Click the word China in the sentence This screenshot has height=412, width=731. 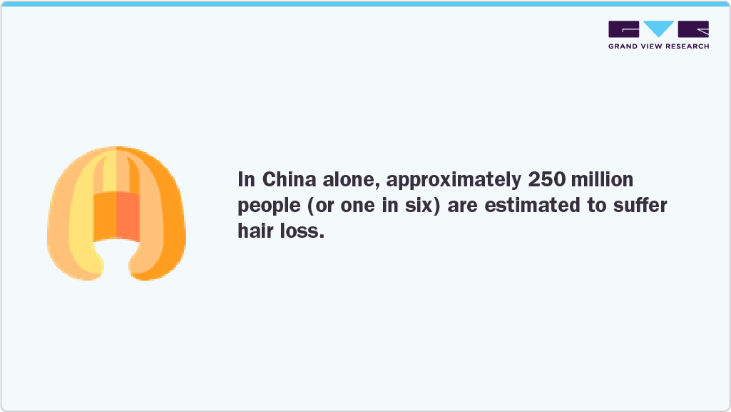click(x=288, y=179)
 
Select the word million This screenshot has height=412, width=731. click(x=598, y=179)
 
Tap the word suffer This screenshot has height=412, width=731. click(x=640, y=206)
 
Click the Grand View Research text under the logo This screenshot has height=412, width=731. click(x=658, y=46)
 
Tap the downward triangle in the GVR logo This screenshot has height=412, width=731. click(x=659, y=29)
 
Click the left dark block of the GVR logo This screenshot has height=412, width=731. click(x=624, y=29)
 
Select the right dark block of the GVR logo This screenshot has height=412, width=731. click(x=694, y=29)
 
